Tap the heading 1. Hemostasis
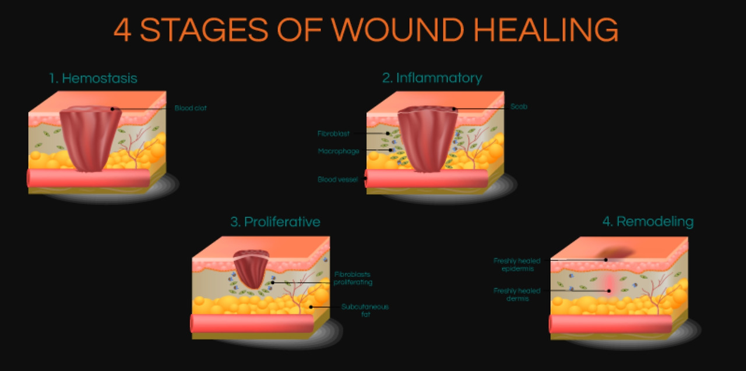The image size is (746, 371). pyautogui.click(x=93, y=78)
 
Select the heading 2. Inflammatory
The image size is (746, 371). pyautogui.click(x=432, y=78)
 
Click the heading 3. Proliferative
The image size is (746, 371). pyautogui.click(x=275, y=222)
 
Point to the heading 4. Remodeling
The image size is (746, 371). pyautogui.click(x=648, y=222)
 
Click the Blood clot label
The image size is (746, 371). pyautogui.click(x=191, y=108)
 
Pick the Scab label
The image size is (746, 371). pyautogui.click(x=519, y=107)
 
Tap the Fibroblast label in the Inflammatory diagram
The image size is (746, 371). pyautogui.click(x=333, y=134)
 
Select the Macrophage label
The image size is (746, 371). pyautogui.click(x=338, y=151)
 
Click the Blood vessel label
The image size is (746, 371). pyautogui.click(x=337, y=180)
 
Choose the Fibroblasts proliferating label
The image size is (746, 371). pyautogui.click(x=353, y=278)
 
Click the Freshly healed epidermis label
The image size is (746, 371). pyautogui.click(x=516, y=265)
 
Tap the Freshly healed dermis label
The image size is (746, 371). pyautogui.click(x=516, y=295)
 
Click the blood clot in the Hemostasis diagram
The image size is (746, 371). pyautogui.click(x=90, y=137)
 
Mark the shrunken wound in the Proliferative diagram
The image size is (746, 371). pyautogui.click(x=251, y=268)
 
